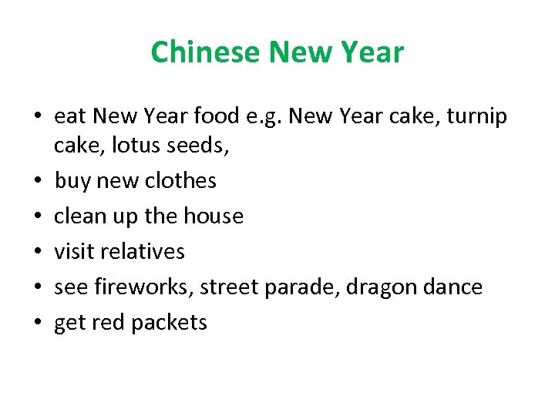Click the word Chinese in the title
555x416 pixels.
pyautogui.click(x=205, y=52)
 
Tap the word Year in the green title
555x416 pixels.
pyautogui.click(x=375, y=52)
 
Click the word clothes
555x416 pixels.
pyautogui.click(x=181, y=180)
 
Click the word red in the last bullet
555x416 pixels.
pyautogui.click(x=109, y=322)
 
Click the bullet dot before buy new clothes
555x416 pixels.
pyautogui.click(x=37, y=181)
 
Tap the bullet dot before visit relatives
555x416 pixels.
pyautogui.click(x=37, y=252)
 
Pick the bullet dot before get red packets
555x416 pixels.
pyautogui.click(x=37, y=323)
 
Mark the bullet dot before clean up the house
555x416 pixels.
pyautogui.click(x=37, y=216)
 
